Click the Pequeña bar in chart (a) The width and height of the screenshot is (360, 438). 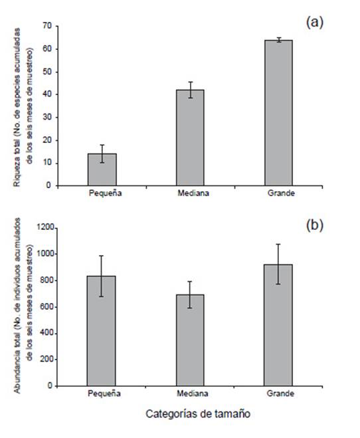102,169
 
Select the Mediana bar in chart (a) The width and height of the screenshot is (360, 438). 190,138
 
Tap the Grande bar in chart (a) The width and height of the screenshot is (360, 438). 278,113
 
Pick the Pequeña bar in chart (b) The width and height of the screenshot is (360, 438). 102,331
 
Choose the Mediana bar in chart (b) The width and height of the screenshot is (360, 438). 190,340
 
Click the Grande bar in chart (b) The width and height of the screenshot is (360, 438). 278,325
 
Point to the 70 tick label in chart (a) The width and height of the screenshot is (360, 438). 47,26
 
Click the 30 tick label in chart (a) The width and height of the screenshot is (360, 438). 47,118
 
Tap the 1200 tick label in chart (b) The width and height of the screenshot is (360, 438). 46,228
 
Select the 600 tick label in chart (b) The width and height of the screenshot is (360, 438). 48,306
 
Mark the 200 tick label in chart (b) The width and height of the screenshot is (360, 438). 48,359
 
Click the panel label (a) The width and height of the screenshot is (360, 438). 315,23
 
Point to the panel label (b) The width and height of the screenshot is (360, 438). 315,225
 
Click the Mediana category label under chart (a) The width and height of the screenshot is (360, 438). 193,193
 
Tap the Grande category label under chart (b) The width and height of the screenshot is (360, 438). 280,393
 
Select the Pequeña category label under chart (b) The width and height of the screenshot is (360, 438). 104,393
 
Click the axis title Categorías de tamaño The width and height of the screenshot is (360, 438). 198,413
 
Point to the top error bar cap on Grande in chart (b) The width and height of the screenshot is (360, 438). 278,244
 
